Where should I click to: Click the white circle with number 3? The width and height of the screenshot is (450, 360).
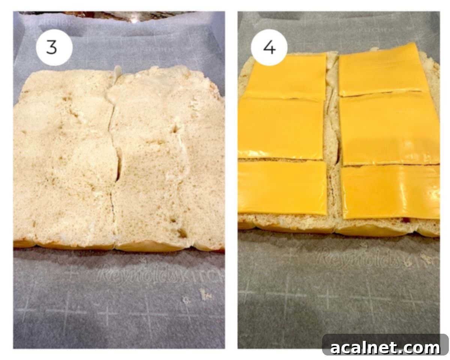tap(54, 48)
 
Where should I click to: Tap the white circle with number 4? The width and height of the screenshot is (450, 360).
tap(269, 48)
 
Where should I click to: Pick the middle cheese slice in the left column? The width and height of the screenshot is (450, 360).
tap(280, 128)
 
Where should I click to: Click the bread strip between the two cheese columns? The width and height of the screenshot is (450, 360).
tap(333, 150)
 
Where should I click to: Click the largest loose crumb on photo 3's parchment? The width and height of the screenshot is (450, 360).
tap(205, 294)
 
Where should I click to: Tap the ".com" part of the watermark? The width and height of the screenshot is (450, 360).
tap(421, 348)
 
